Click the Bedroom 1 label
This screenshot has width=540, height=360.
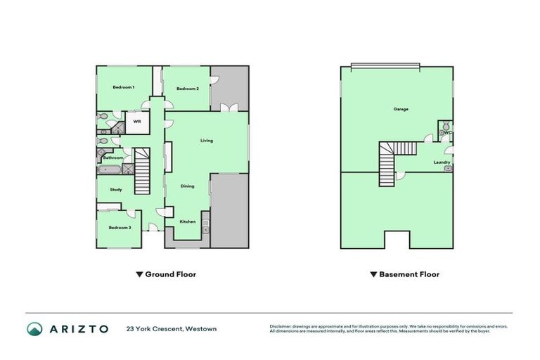pyautogui.click(x=124, y=86)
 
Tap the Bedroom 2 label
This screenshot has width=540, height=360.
pyautogui.click(x=187, y=89)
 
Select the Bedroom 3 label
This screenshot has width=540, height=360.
pyautogui.click(x=120, y=227)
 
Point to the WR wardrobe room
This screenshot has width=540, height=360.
pyautogui.click(x=137, y=122)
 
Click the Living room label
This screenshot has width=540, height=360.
pyautogui.click(x=206, y=141)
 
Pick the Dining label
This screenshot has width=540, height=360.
pyautogui.click(x=187, y=186)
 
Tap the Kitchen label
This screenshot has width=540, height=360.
pyautogui.click(x=187, y=221)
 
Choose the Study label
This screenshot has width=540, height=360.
pyautogui.click(x=116, y=189)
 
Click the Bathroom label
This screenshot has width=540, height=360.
pyautogui.click(x=113, y=158)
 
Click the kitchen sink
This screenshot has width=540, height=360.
pyautogui.click(x=205, y=226)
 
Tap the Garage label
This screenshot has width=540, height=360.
pyautogui.click(x=401, y=109)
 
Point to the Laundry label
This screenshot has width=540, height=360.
pyautogui.click(x=442, y=162)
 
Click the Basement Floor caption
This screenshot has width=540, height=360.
pyautogui.click(x=409, y=274)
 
